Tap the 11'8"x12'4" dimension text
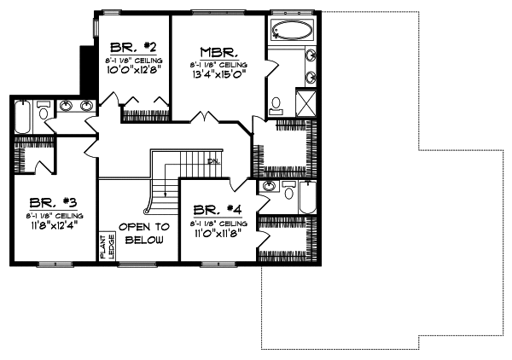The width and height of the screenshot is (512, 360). (x=53, y=227)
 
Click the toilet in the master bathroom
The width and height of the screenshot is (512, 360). (x=276, y=105)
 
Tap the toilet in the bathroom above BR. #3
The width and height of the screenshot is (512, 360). (x=44, y=108)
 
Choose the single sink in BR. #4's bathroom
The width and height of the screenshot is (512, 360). (x=271, y=187)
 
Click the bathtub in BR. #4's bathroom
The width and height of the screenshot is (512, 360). (x=306, y=197)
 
